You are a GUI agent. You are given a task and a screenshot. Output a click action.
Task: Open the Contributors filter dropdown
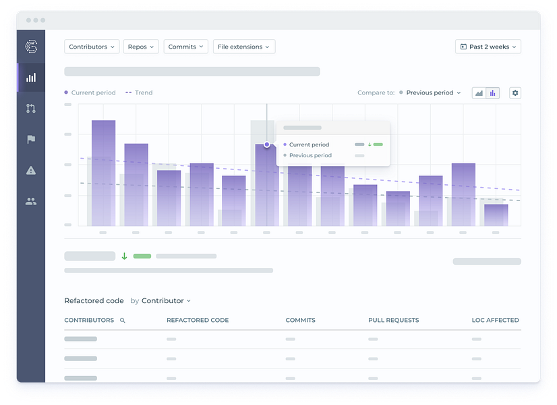[x=92, y=47]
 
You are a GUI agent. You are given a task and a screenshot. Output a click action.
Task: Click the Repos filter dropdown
[x=141, y=47]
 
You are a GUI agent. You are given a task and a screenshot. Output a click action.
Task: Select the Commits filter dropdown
[x=186, y=47]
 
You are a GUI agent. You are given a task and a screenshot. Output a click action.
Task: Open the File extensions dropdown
[x=244, y=47]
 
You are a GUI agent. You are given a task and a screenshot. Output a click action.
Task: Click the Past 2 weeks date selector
[x=488, y=47]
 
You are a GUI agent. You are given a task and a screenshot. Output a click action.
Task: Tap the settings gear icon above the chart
[x=515, y=92]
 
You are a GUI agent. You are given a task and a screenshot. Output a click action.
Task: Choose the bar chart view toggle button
[x=493, y=92]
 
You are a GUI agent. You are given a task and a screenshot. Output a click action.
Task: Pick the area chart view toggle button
[x=479, y=92]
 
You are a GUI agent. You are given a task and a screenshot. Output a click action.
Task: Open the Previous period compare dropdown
[x=430, y=92]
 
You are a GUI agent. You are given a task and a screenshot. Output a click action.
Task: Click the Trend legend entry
[x=139, y=92]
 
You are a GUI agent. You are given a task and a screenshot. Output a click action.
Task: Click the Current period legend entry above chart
[x=90, y=92]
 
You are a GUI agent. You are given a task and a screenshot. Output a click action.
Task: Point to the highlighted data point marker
[x=267, y=144]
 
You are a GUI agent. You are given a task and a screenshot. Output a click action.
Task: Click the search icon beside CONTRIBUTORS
[x=123, y=321]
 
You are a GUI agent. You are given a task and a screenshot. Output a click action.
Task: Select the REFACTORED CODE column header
[x=198, y=320]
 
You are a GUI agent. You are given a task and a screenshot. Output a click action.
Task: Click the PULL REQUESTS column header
[x=394, y=320]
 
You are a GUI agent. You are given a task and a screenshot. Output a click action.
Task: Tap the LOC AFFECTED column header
[x=495, y=320]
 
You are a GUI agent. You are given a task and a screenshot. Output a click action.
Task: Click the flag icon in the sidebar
[x=31, y=139]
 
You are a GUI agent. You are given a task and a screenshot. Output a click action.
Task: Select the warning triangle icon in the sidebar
[x=31, y=170]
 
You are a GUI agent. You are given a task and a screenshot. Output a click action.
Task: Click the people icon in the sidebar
[x=31, y=202]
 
